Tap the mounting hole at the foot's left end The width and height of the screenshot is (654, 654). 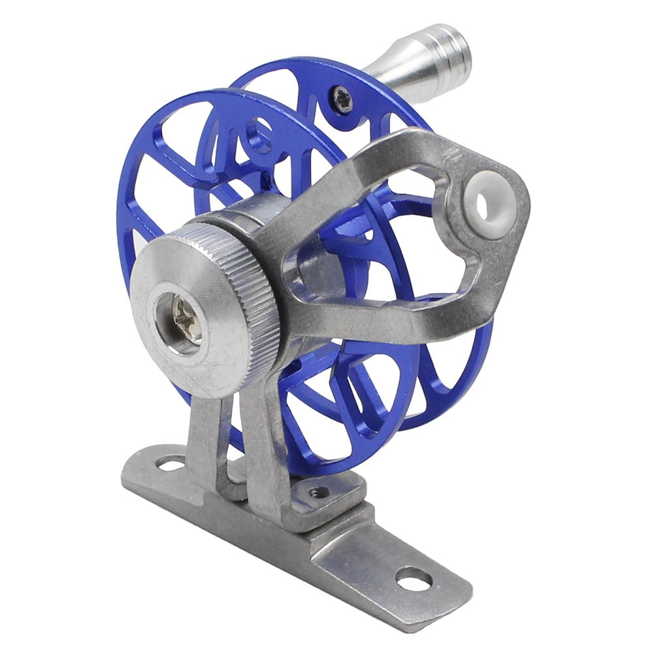tap(171, 465)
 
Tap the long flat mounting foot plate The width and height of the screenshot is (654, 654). tap(366, 555)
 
